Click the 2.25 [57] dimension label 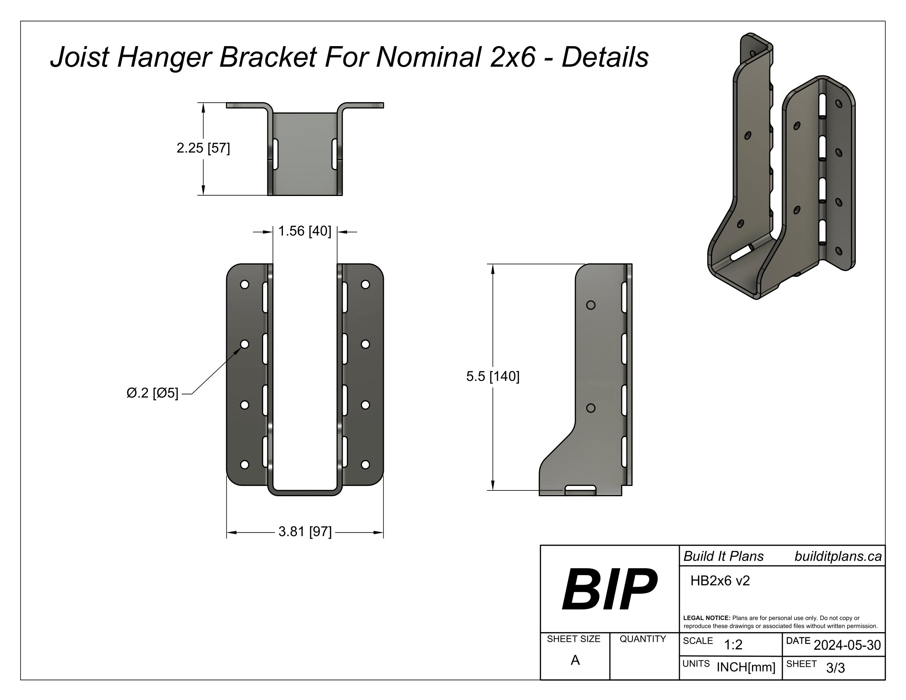[203, 148]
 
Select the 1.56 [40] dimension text [304, 231]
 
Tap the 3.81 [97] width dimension [305, 532]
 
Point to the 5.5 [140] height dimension [493, 376]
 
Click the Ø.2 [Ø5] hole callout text [152, 393]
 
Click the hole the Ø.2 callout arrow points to [245, 344]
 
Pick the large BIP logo [609, 589]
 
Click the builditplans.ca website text [838, 557]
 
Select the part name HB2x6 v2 [720, 581]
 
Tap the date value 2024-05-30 [847, 645]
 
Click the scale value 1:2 [733, 645]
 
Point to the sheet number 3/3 [836, 668]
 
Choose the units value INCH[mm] [746, 667]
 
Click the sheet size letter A [575, 660]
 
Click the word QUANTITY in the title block [642, 639]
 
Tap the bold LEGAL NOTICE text [706, 618]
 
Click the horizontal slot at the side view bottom [580, 490]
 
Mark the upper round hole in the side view [591, 305]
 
